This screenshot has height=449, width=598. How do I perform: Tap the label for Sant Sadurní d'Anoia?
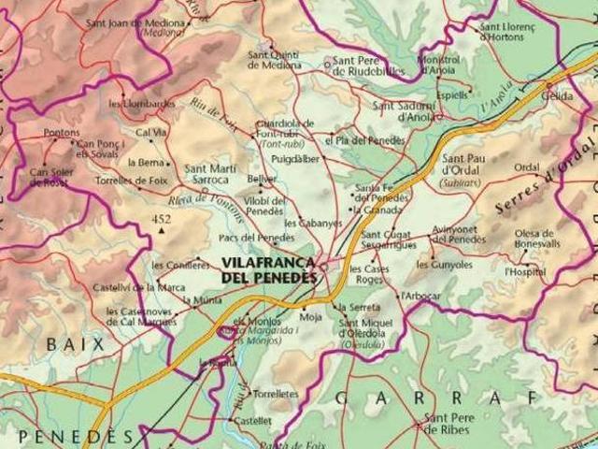tap(407, 111)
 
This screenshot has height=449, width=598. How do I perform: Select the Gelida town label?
tap(557, 96)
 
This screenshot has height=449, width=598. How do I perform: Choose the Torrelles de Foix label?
tap(131, 179)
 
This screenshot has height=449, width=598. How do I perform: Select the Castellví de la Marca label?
tap(138, 286)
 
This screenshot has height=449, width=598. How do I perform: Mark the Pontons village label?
tap(62, 133)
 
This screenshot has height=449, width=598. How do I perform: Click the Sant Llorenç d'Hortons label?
tap(509, 32)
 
